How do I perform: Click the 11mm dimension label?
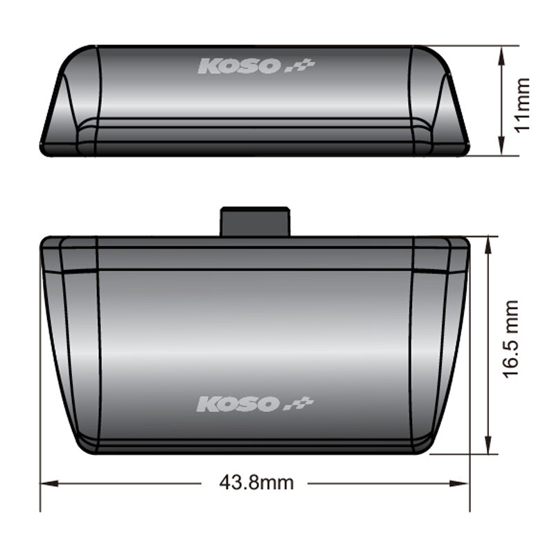tap(522, 105)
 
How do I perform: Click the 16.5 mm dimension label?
tap(510, 339)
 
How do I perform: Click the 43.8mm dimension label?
tap(256, 483)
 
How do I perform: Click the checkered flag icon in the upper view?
tap(300, 66)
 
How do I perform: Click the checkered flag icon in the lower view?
tap(299, 404)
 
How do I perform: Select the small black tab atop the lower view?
tap(255, 222)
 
